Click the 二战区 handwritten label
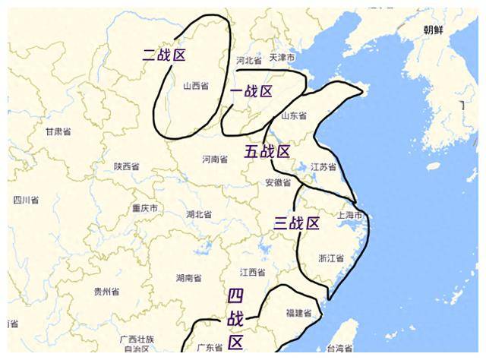click(x=164, y=55)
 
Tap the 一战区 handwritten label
click(x=251, y=92)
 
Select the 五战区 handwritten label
click(x=267, y=151)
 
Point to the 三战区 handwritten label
click(x=296, y=223)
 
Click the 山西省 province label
click(x=196, y=86)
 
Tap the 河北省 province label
click(x=248, y=59)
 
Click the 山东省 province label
click(x=294, y=116)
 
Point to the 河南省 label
click(x=215, y=159)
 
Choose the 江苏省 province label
click(x=323, y=166)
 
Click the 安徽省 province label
click(x=278, y=182)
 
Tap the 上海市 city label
click(x=352, y=216)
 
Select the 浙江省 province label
click(x=331, y=258)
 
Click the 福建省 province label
click(x=298, y=312)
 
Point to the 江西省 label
click(x=252, y=272)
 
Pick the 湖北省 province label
click(x=199, y=214)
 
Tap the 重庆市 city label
click(x=144, y=208)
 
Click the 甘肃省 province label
click(x=58, y=131)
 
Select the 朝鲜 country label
click(x=434, y=29)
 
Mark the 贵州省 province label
click(x=106, y=291)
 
